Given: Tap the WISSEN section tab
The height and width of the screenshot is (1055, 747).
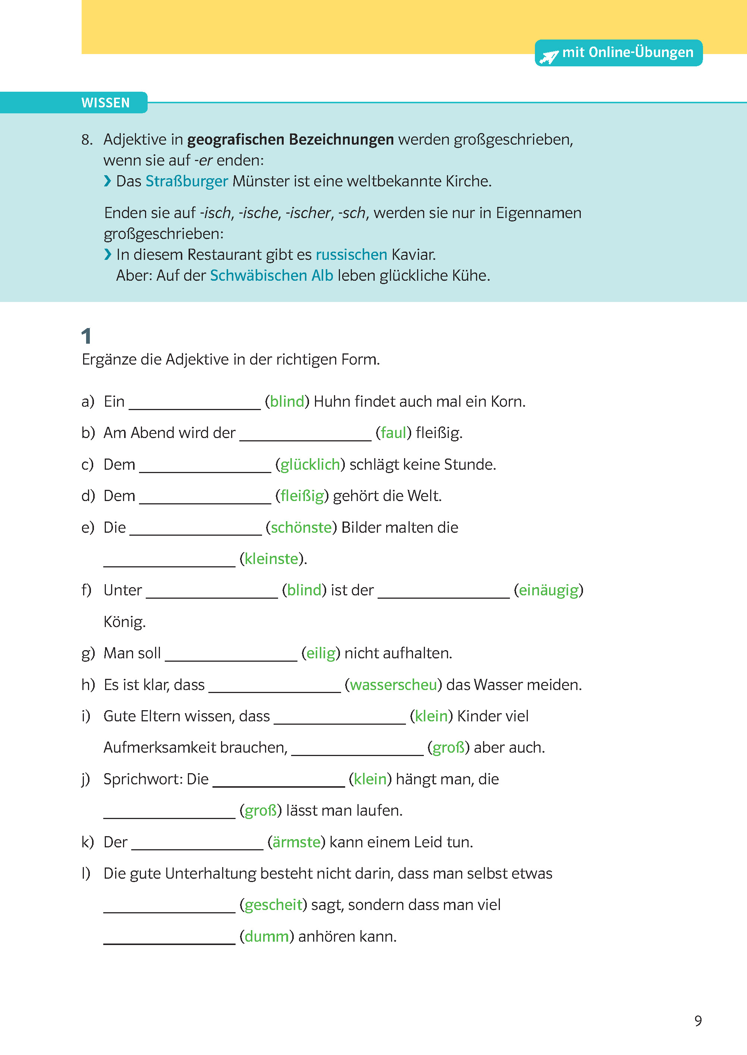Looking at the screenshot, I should coord(105,103).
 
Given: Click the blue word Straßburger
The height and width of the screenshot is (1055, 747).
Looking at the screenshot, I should coord(186,181).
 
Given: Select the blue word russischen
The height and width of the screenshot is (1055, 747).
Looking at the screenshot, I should coord(351,254).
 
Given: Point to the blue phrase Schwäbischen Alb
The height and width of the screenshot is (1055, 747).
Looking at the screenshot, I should coord(271,275).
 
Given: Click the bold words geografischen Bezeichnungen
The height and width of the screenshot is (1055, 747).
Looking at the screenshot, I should coord(290,139).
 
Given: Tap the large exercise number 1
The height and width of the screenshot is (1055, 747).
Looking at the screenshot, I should coord(86,336).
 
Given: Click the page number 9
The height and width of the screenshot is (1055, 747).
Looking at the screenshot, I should coord(698,1020).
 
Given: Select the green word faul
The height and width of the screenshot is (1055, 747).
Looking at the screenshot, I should coord(393,433).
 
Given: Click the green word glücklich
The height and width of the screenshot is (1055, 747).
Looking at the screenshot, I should coord(310,464).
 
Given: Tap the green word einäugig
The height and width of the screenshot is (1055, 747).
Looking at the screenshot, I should coord(548,590).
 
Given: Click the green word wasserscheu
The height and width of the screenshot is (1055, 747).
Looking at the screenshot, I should coord(393,685).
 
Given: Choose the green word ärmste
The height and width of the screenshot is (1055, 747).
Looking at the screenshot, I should coord(296,842).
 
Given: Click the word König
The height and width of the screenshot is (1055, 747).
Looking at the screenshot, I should coord(124,622).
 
